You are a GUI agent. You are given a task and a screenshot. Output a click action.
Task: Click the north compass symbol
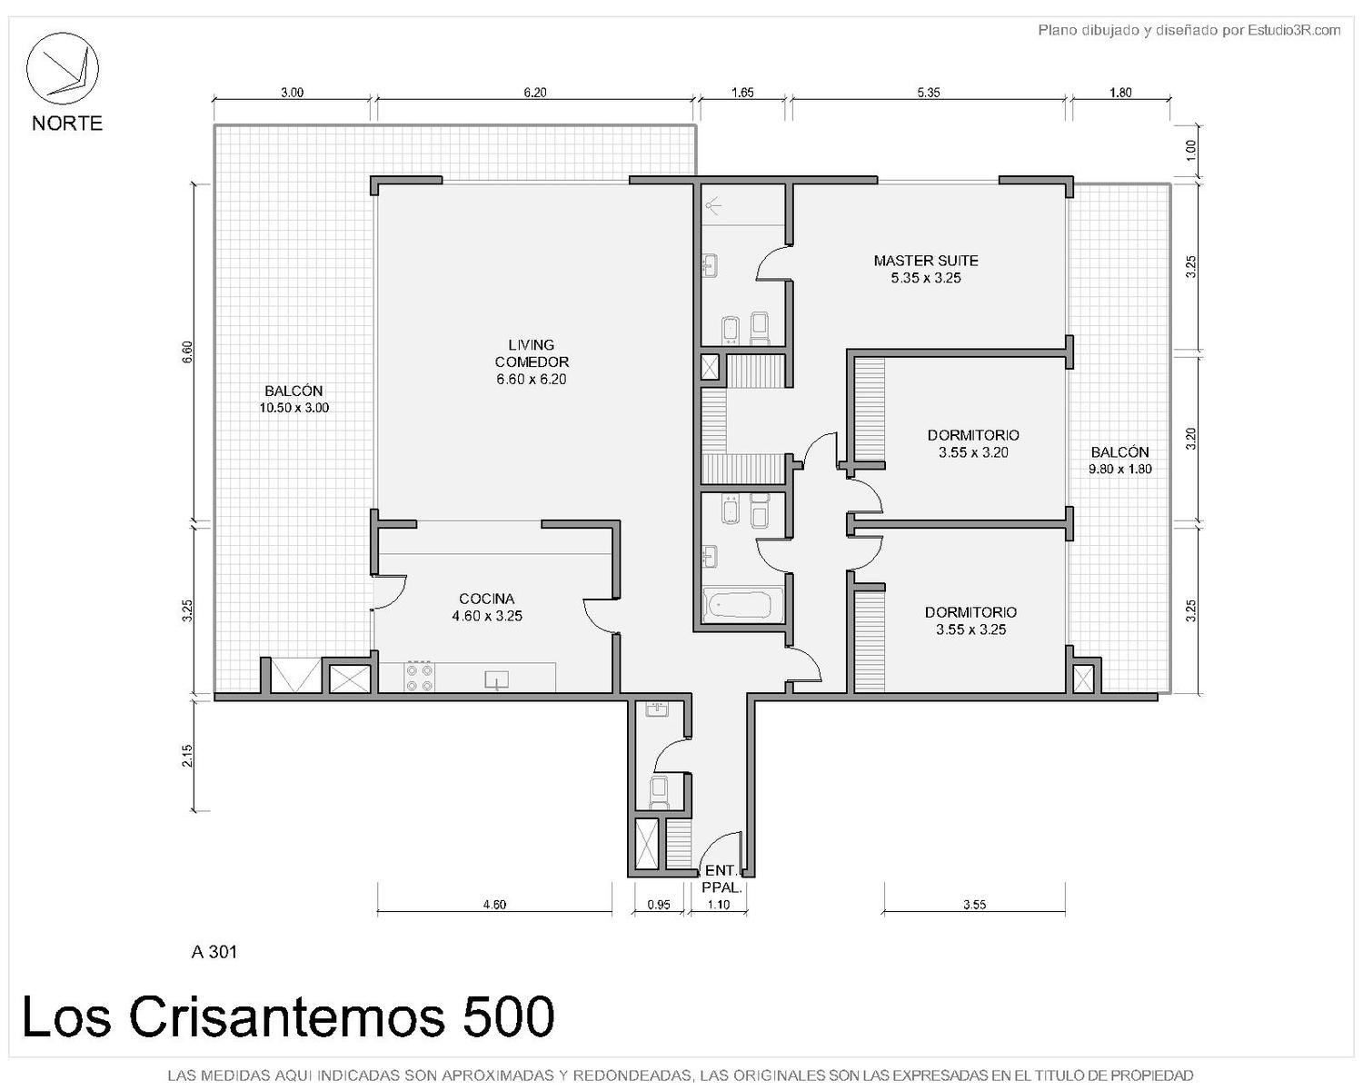point(62,68)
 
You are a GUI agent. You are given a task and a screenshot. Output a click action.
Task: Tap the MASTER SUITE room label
point(925,261)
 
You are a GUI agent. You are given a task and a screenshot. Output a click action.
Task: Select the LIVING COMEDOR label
point(532,353)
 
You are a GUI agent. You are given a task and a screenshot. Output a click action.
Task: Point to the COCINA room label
point(486,599)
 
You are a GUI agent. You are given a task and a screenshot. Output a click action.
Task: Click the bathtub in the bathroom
point(742,605)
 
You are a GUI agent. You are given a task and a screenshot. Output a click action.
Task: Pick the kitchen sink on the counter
point(496,680)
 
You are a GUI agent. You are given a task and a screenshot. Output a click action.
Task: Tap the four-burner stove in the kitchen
point(419,677)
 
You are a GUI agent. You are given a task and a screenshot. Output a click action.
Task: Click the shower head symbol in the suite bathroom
point(714,204)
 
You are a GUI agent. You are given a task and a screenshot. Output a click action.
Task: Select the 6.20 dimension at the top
point(534,93)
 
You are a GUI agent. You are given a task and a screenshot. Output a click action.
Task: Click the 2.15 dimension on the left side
point(187,754)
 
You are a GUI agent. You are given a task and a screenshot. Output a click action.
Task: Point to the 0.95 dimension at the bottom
point(659,905)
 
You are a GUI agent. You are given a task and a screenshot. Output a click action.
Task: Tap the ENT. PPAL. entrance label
point(721,879)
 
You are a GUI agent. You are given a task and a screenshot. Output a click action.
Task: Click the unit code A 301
point(214,953)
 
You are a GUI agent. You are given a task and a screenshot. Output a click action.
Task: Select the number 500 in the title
point(508,1017)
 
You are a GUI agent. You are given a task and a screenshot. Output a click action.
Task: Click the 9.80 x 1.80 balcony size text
point(1119,470)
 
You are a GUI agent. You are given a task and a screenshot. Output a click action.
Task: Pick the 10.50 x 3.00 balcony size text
point(293,408)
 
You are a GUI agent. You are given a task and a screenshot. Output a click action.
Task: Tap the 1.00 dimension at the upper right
point(1190,150)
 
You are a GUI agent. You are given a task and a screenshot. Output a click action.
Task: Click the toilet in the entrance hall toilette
point(660,792)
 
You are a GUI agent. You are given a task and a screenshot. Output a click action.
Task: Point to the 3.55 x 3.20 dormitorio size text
point(973,452)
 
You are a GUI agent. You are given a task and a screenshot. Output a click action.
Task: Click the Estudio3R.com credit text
point(1294,30)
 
